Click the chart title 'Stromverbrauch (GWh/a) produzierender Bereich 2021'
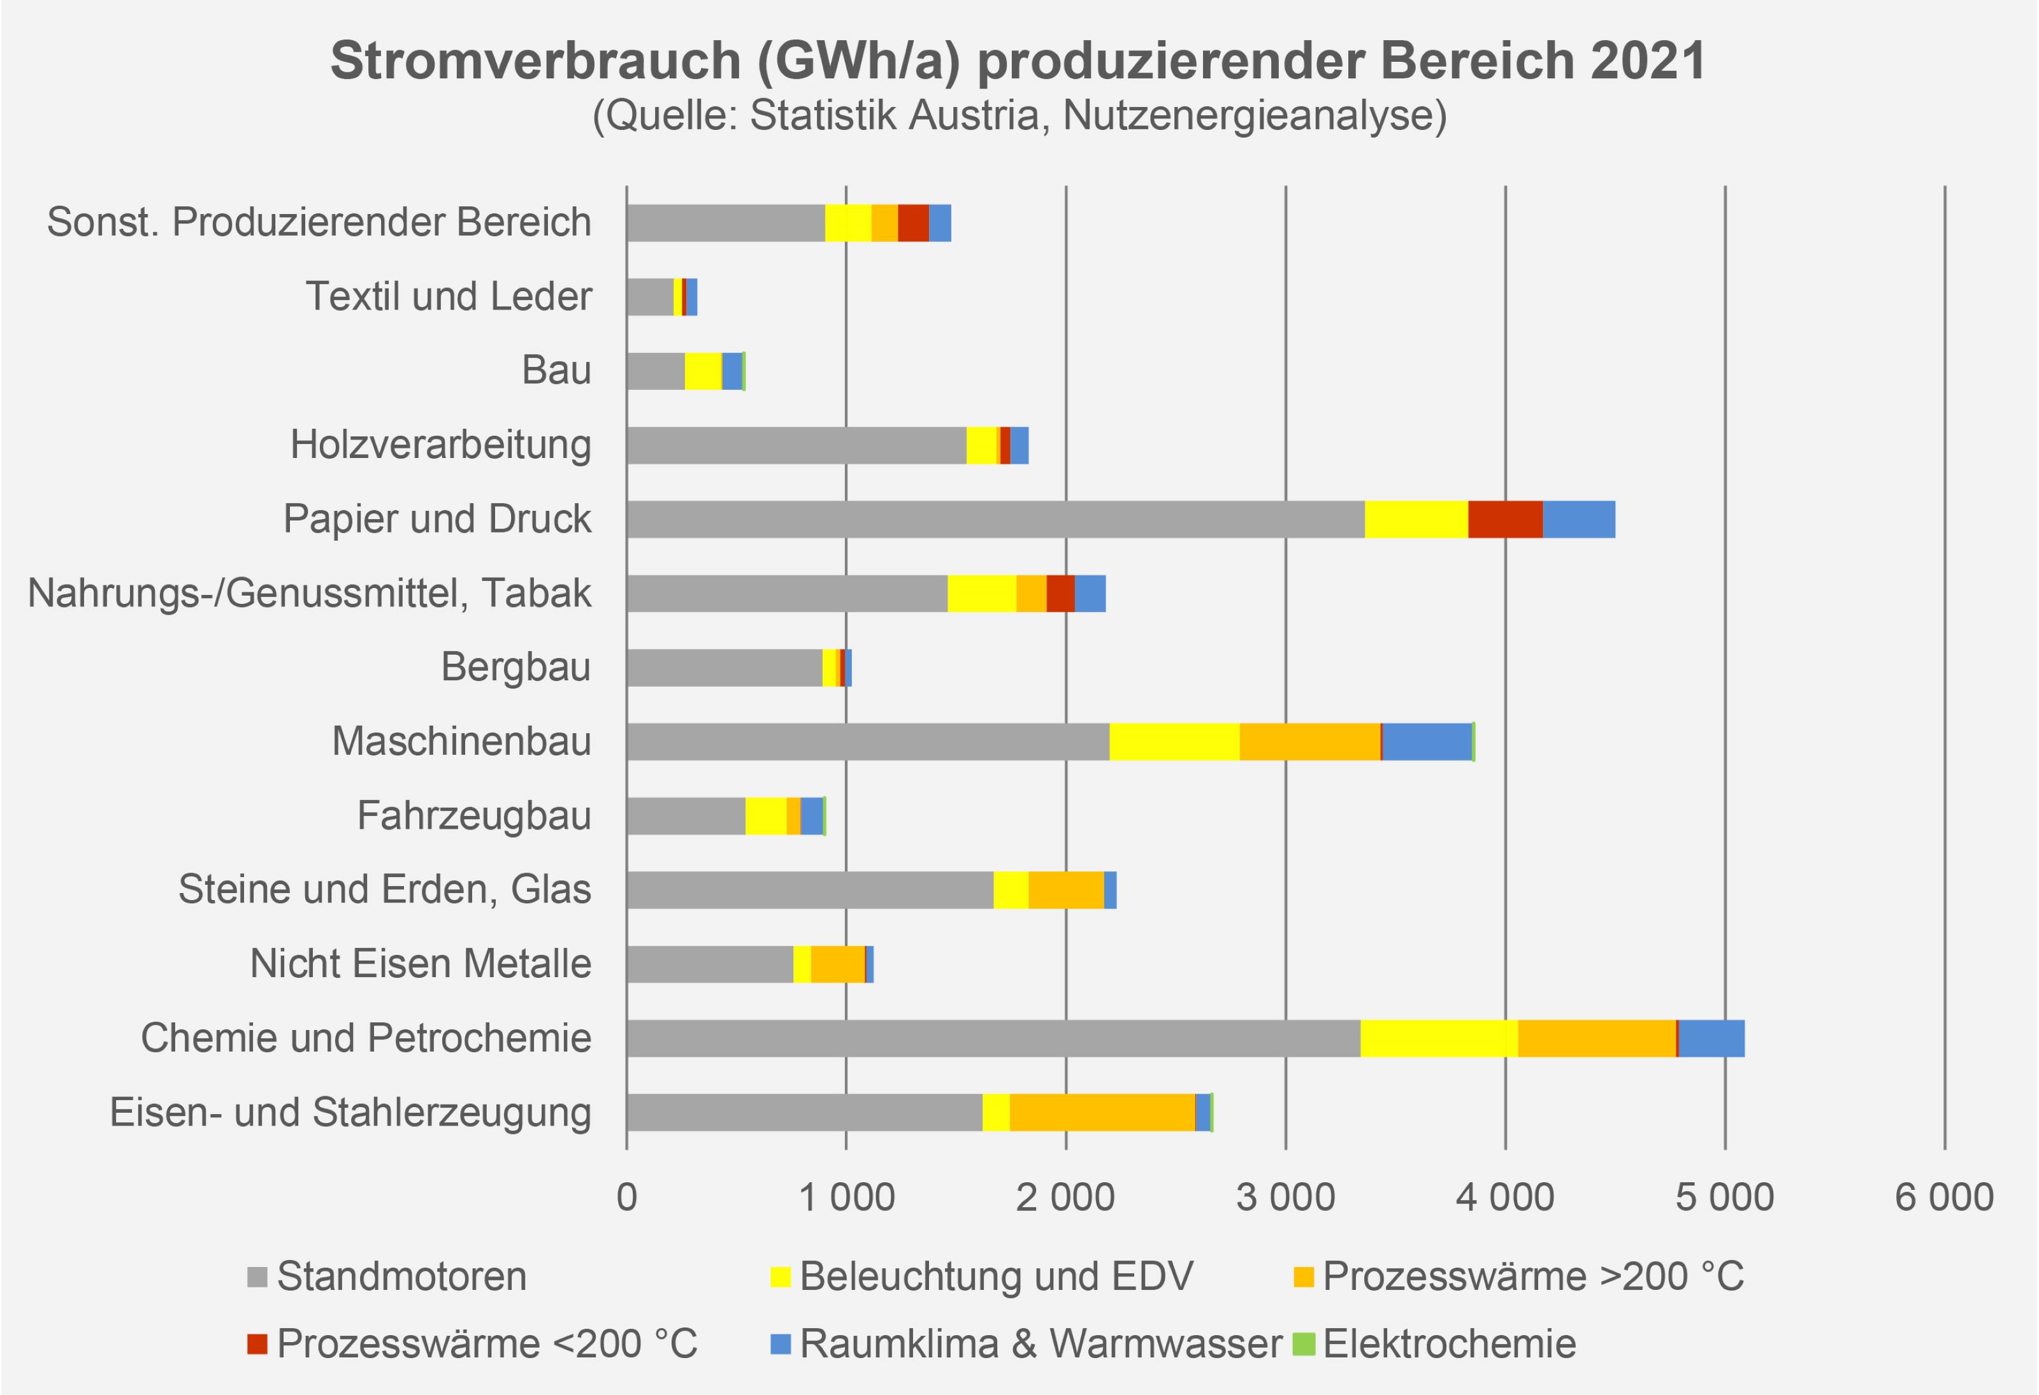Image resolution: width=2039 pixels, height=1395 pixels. pyautogui.click(x=1018, y=61)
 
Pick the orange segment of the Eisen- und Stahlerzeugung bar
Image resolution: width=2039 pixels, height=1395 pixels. pyautogui.click(x=1102, y=1112)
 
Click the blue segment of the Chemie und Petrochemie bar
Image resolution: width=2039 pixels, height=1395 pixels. pyautogui.click(x=1711, y=1038)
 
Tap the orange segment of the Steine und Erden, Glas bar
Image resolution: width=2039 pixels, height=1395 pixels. pyautogui.click(x=1066, y=890)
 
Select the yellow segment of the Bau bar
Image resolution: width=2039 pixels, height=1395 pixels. pyautogui.click(x=703, y=370)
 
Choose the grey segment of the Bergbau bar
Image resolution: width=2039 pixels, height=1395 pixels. pyautogui.click(x=724, y=668)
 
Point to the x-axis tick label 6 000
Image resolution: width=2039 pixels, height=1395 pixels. pyautogui.click(x=1944, y=1198)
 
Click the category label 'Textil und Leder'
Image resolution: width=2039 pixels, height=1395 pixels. pyautogui.click(x=449, y=297)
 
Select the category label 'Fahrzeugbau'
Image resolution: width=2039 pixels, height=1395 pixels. pyautogui.click(x=474, y=816)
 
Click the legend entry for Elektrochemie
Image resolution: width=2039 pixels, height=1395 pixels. pyautogui.click(x=1448, y=1343)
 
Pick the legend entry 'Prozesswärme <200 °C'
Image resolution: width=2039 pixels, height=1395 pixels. pyautogui.click(x=487, y=1343)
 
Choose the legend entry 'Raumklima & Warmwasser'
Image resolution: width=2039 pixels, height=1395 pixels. pyautogui.click(x=1041, y=1343)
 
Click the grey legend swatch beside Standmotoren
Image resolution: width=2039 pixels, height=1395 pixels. pyautogui.click(x=257, y=1277)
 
